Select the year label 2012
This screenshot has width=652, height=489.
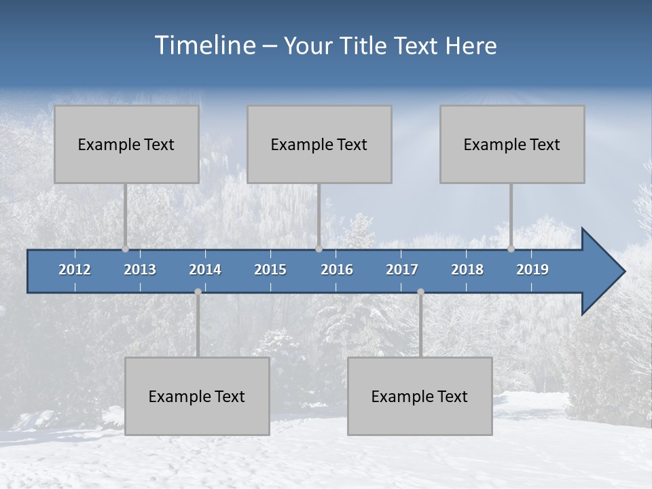pos(75,270)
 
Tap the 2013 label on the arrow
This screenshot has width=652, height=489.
pos(140,270)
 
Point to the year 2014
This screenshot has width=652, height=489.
pos(205,270)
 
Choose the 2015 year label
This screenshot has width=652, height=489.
pos(270,270)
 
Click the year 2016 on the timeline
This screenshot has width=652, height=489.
pos(337,270)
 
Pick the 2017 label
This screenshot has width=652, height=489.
pos(402,270)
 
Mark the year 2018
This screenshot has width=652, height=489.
pos(467,270)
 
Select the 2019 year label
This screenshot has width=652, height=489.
pos(532,270)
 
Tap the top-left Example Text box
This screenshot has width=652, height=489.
pos(126,144)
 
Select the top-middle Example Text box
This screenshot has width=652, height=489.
pos(319,144)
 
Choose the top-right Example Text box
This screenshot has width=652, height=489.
pos(512,144)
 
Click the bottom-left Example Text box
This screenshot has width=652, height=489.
pos(197,396)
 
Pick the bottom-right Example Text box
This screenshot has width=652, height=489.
pos(420,396)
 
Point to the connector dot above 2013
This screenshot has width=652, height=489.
pos(125,249)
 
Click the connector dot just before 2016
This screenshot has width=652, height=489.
pos(319,249)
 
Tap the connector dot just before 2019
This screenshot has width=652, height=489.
pos(511,249)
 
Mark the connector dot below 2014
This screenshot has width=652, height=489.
pos(198,291)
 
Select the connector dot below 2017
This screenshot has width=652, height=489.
pos(420,291)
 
